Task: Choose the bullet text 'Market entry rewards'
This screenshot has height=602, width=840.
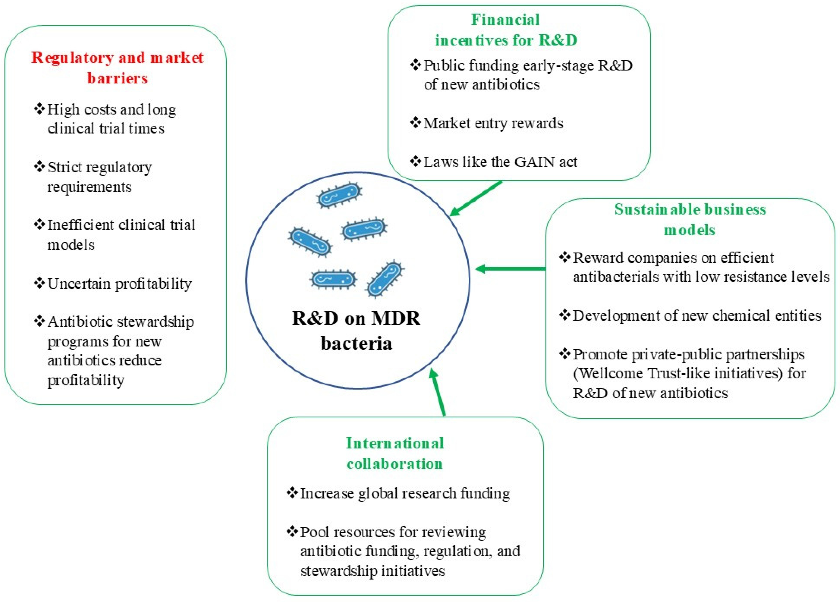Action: tap(493, 123)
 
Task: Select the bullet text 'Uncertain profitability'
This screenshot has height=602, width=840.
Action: tap(119, 284)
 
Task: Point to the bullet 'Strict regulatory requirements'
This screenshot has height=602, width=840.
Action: tap(99, 177)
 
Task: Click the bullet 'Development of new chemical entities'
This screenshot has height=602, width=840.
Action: tap(696, 316)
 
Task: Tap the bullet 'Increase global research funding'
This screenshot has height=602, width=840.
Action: tap(405, 494)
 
